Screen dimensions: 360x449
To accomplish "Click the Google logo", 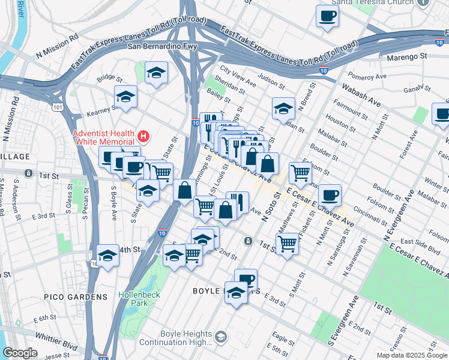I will [x=20, y=353].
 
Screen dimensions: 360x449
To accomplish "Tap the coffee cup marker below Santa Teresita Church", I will [x=327, y=16].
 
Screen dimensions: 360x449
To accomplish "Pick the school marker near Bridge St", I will [x=157, y=73].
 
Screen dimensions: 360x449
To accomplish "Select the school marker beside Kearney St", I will [x=125, y=97].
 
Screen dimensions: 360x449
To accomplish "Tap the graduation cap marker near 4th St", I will [x=107, y=256].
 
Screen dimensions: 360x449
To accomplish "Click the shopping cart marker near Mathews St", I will [x=287, y=244].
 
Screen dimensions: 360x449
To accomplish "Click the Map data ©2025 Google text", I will [x=411, y=355].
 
